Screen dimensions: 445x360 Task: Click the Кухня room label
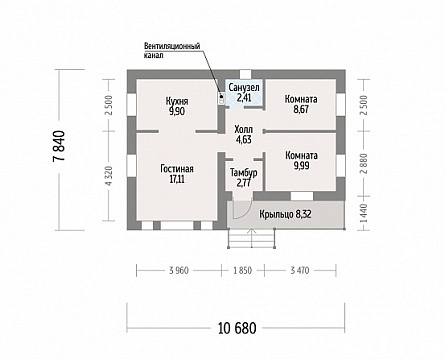point(177,101)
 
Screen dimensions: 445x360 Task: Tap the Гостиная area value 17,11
point(177,179)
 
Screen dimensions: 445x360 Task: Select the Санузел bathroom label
point(244,88)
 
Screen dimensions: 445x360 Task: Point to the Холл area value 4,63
point(244,140)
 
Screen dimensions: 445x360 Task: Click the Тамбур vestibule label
point(244,173)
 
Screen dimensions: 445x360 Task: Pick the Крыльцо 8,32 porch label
point(285,214)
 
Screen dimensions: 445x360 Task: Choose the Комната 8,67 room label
point(301,104)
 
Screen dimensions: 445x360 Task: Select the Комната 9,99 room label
point(301,161)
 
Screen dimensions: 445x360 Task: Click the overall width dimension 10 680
point(237,328)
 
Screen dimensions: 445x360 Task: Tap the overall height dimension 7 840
point(59,146)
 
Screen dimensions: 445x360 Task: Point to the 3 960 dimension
point(179,270)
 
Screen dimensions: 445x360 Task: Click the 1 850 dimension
point(243,270)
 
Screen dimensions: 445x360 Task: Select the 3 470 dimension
point(299,270)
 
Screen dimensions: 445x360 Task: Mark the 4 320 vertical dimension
point(109,176)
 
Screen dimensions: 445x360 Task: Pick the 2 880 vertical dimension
point(364,164)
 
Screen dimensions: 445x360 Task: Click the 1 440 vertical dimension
point(364,214)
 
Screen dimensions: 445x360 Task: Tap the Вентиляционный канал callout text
point(172,50)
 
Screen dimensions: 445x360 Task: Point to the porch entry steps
point(252,238)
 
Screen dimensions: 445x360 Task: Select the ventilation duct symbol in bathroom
point(221,98)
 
